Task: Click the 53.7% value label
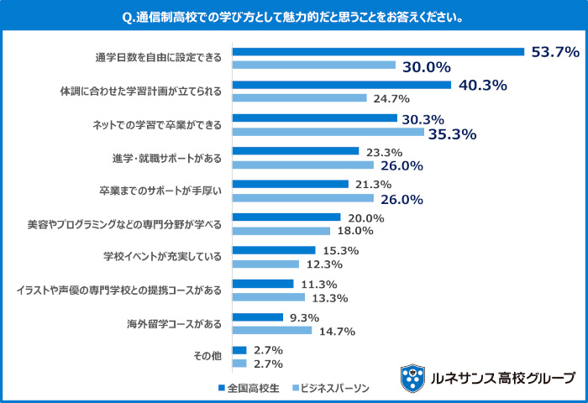555,52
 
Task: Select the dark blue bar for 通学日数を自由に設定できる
378,52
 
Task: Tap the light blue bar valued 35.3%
328,132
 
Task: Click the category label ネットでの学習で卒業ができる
156,125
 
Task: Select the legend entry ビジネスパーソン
329,389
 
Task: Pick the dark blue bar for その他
239,350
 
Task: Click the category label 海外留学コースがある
175,323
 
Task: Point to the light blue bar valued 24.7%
300,98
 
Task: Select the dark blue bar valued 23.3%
296,151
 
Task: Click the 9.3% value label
303,317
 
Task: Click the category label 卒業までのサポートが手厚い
160,191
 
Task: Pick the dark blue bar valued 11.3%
263,284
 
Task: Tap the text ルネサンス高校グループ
502,378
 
